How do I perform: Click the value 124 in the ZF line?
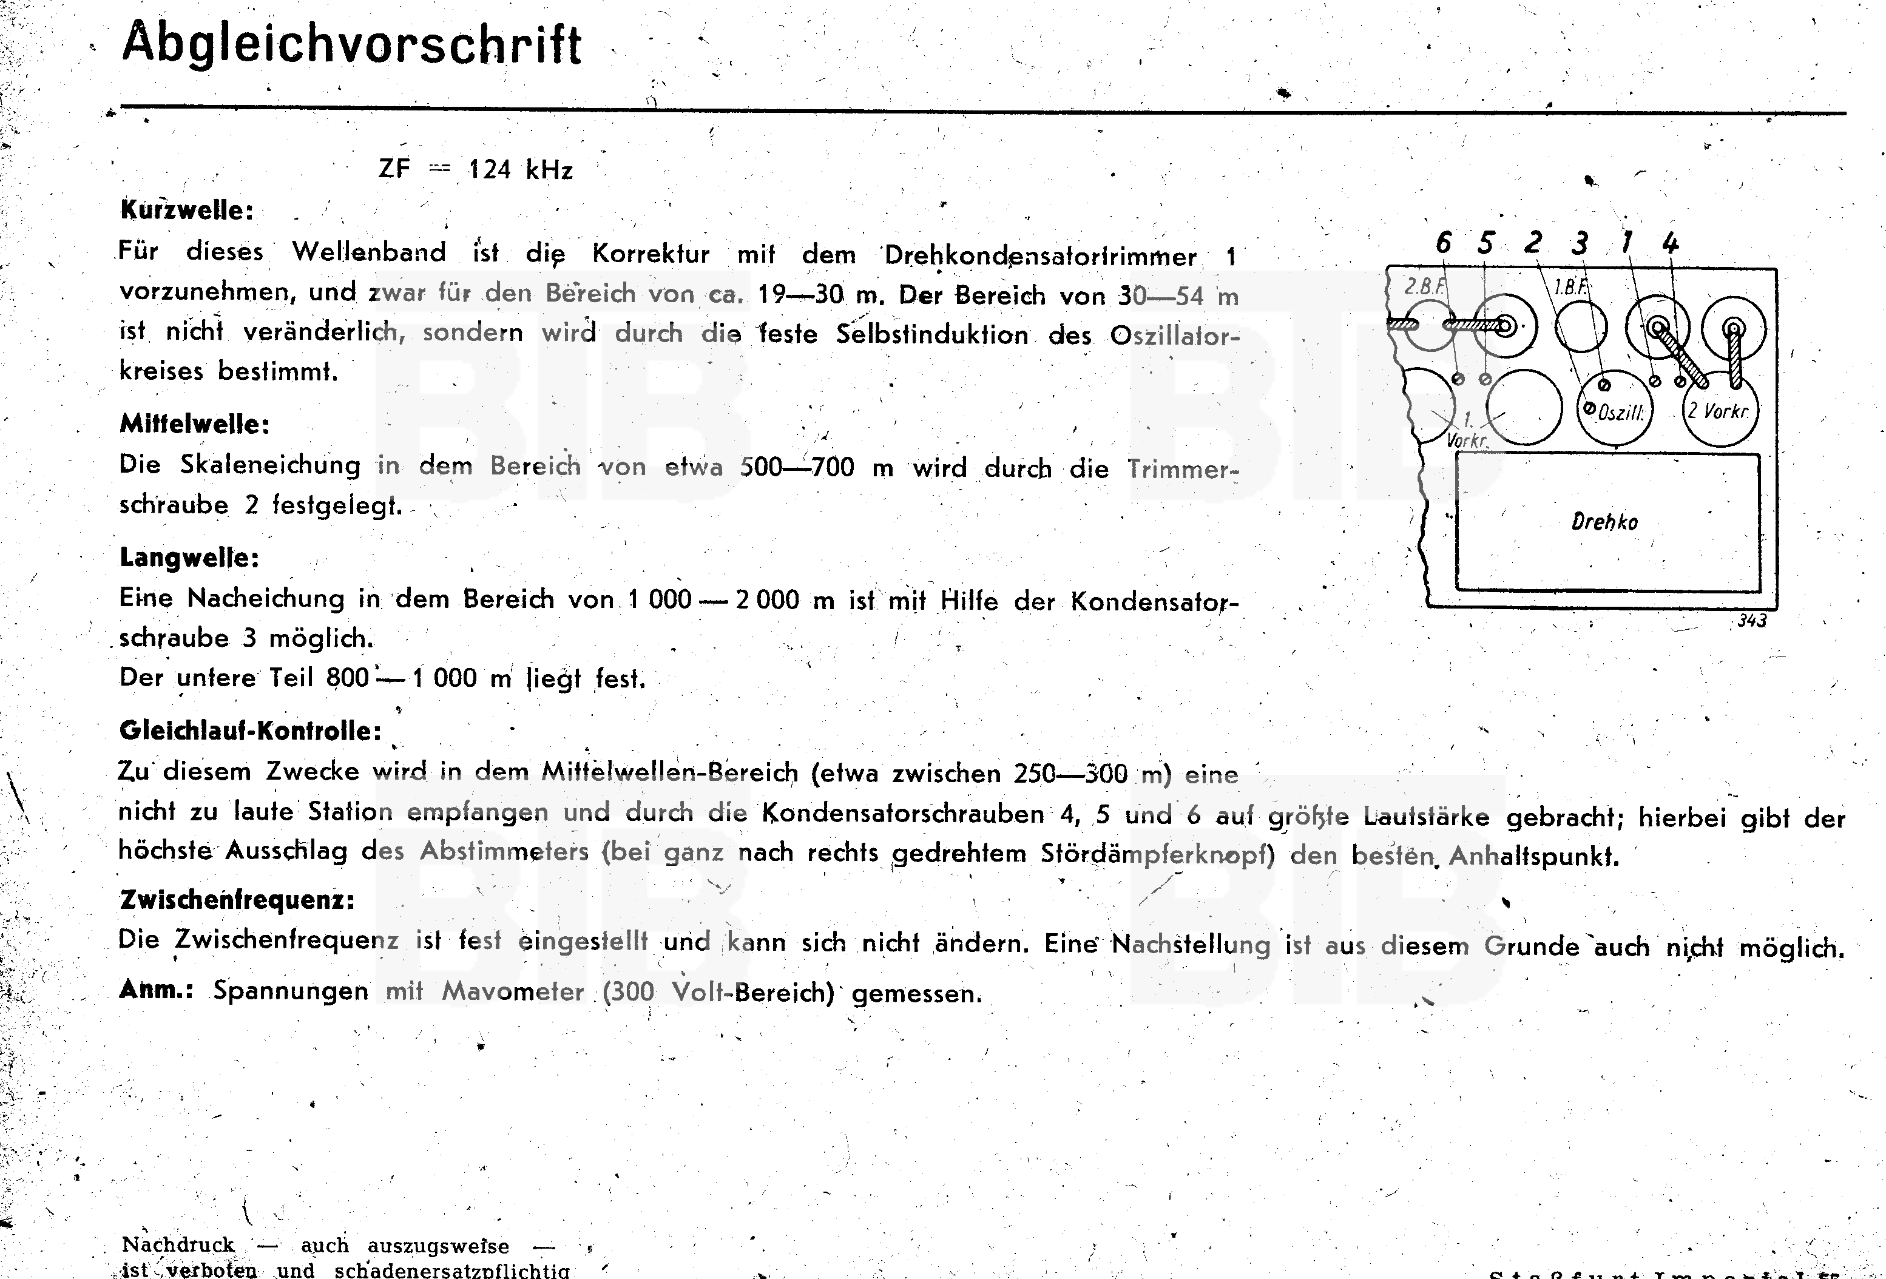[489, 170]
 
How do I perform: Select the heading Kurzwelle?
[187, 210]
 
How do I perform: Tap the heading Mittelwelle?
[195, 424]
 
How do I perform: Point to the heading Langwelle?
[189, 558]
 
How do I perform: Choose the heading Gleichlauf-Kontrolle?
[250, 731]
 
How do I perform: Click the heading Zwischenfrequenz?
[237, 899]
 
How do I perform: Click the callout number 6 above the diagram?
[1443, 243]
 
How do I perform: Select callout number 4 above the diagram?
[1670, 243]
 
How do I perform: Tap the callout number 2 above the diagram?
[1532, 243]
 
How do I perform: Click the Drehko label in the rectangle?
[1604, 522]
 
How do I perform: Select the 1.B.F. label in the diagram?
[1571, 286]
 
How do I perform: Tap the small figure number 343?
[1752, 621]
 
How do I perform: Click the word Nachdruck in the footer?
[178, 1245]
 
